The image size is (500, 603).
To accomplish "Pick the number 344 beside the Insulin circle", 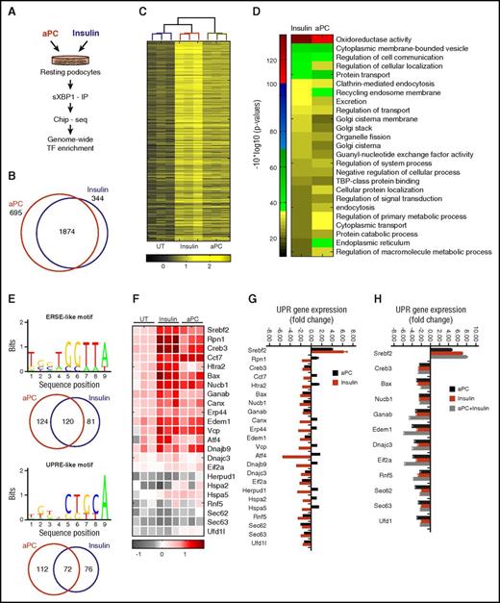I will point(120,195).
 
